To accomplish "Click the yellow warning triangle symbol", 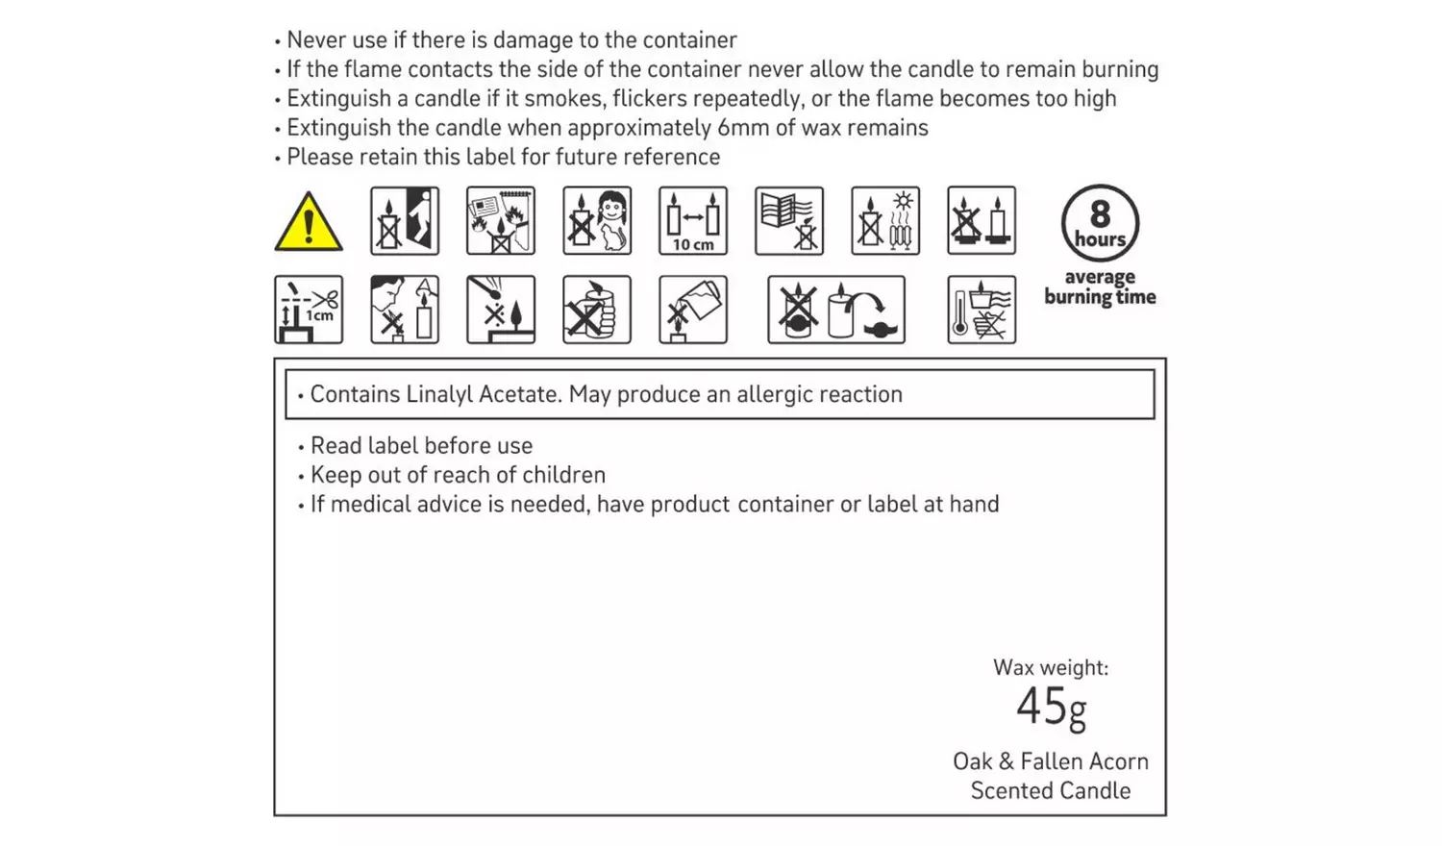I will (309, 222).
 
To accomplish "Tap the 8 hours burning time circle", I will (1100, 223).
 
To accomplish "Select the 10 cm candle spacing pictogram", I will (693, 221).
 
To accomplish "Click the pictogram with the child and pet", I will (597, 221).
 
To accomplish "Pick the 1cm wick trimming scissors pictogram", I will (309, 310).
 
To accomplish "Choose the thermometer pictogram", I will (981, 310).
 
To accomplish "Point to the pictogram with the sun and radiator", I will (885, 221).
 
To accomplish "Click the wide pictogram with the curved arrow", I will (835, 310).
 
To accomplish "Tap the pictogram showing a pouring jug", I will (693, 310).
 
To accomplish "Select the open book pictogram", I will (789, 221).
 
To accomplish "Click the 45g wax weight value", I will (1051, 708).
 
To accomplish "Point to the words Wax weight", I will (1050, 667).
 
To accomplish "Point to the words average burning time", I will (1100, 287).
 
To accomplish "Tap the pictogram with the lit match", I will (501, 310).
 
